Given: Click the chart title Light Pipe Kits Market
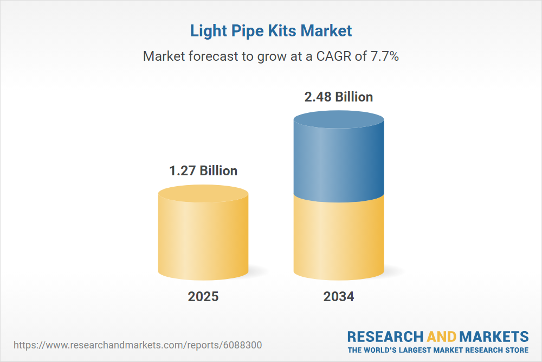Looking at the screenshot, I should pyautogui.click(x=271, y=31).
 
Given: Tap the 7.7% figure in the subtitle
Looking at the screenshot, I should pyautogui.click(x=384, y=56).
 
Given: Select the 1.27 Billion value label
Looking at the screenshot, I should pyautogui.click(x=203, y=171).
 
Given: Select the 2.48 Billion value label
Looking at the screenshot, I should pyautogui.click(x=339, y=97).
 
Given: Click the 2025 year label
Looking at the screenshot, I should pyautogui.click(x=203, y=297).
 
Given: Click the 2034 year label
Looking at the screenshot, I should pyautogui.click(x=339, y=297).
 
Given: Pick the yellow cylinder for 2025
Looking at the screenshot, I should pyautogui.click(x=203, y=239).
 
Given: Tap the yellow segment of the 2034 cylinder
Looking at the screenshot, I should pyautogui.click(x=339, y=239).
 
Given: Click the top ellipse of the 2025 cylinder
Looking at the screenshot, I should pyautogui.click(x=203, y=194).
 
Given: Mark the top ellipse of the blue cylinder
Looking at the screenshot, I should pyautogui.click(x=339, y=120).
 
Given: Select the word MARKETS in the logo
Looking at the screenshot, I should pyautogui.click(x=495, y=336).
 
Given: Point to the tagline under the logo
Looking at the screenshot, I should pyautogui.click(x=438, y=350).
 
